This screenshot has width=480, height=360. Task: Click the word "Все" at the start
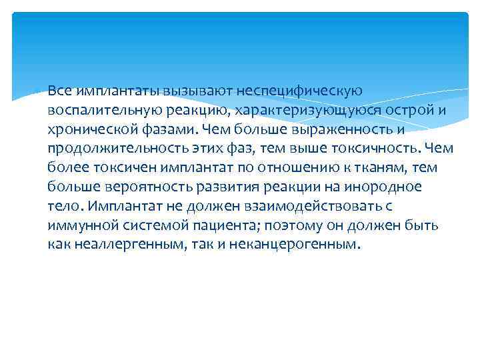pyautogui.click(x=61, y=90)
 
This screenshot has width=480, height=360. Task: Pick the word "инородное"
pyautogui.click(x=385, y=186)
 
